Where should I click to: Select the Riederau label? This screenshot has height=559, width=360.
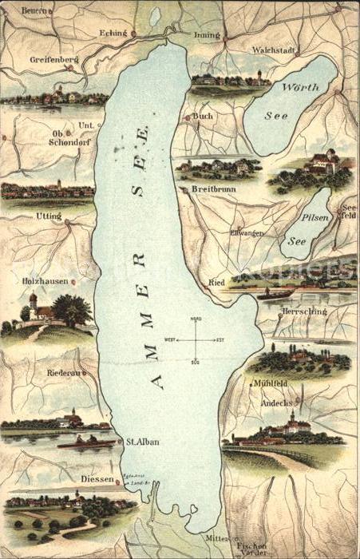42,371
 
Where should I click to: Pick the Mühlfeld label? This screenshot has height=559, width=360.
271,383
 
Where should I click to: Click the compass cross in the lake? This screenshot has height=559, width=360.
196,339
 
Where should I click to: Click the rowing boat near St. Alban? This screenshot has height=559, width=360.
86,442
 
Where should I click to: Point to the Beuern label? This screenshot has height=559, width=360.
36,10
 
